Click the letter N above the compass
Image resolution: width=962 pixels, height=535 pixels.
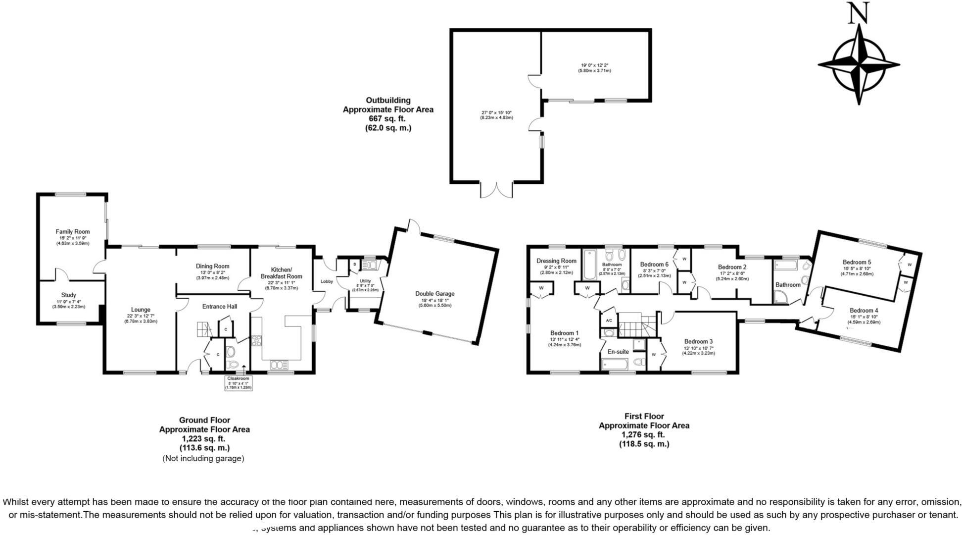[x=859, y=14]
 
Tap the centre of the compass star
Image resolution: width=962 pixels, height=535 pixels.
[x=859, y=64]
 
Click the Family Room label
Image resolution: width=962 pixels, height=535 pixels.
[x=72, y=231]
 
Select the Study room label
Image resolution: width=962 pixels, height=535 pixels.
[x=68, y=295]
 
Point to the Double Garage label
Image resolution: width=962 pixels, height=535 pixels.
[x=434, y=294]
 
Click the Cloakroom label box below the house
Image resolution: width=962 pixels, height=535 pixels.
[x=239, y=383]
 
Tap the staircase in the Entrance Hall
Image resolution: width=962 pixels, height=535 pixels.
[x=203, y=329]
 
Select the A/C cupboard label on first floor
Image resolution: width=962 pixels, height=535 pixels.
[x=609, y=321]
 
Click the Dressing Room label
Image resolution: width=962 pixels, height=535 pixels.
[x=556, y=261]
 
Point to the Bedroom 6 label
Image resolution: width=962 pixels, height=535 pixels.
[x=654, y=265]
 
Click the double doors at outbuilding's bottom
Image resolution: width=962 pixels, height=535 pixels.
[x=496, y=190]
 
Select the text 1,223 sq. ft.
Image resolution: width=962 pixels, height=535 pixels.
[x=204, y=438]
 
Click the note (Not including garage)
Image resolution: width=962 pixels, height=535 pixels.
[x=203, y=459]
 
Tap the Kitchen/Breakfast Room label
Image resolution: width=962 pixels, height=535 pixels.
[x=281, y=273]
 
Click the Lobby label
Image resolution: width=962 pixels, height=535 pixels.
[x=327, y=281]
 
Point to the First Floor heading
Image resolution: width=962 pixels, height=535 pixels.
[x=644, y=416]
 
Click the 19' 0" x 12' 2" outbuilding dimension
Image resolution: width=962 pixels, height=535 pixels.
[x=594, y=65]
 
